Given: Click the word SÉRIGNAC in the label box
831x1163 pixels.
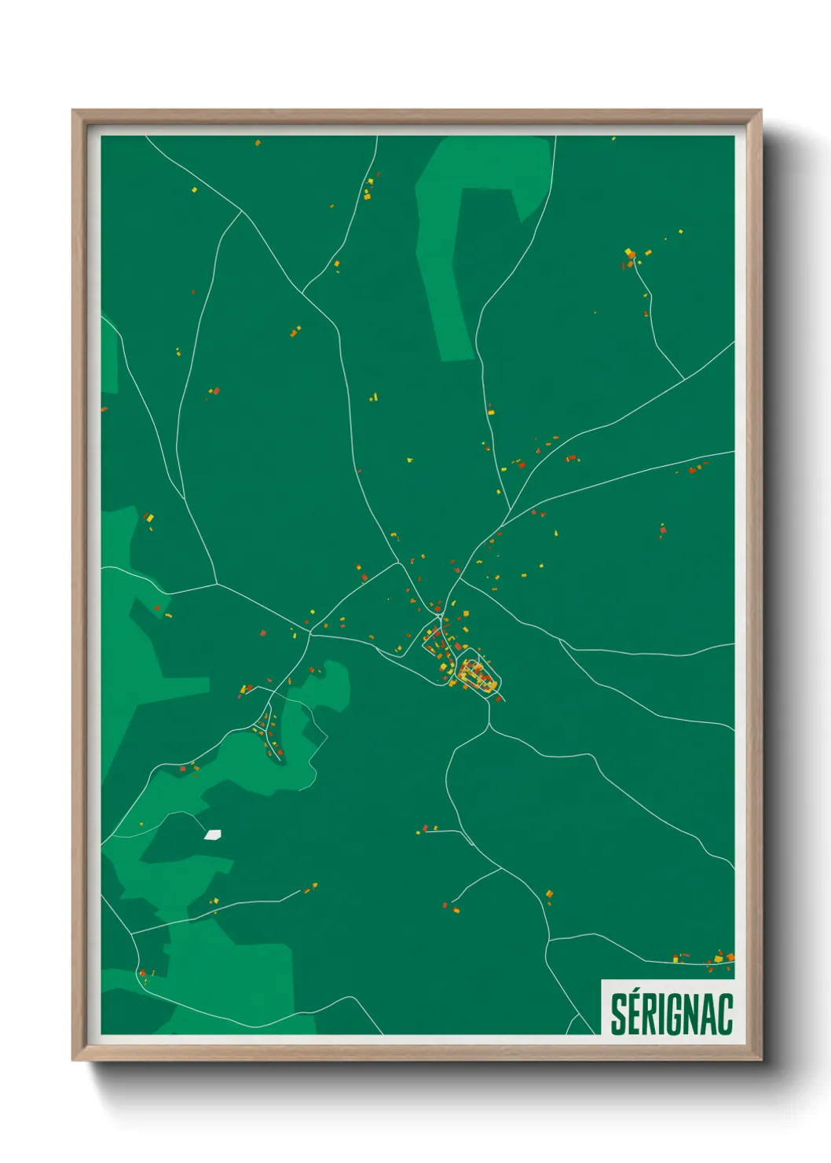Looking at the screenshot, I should pos(672,1014).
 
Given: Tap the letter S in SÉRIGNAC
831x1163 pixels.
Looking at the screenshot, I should pos(619,1015).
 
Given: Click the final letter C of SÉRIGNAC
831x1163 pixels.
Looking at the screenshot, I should pos(725,1015).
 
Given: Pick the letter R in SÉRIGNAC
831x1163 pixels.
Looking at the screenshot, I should pos(650,1015).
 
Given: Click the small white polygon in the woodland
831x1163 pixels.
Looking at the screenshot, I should pos(212,834).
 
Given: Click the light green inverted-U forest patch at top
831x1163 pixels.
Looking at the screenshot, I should pos(479,181).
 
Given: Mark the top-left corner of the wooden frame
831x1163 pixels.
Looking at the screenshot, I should pos(73,111).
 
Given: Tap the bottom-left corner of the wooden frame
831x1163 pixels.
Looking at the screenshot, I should pos(73,1060).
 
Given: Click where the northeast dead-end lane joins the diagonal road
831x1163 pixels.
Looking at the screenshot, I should pos(684,379).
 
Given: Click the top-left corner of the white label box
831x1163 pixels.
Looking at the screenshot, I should pos(602,980).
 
